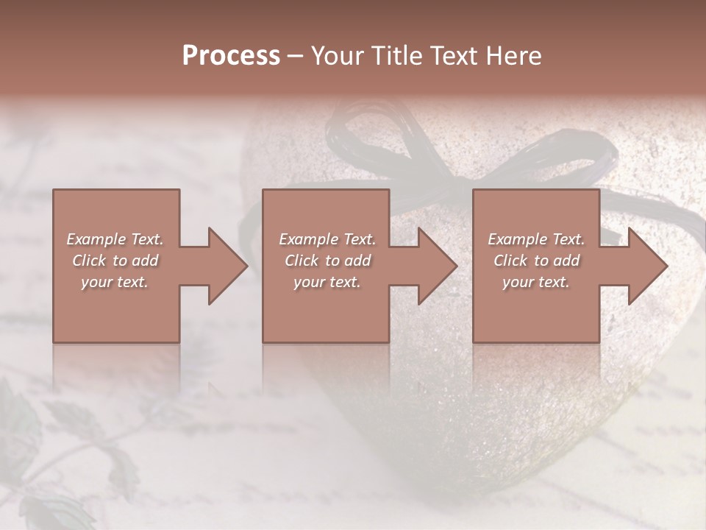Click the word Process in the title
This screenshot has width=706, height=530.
(231, 56)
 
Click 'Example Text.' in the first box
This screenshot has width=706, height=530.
(115, 239)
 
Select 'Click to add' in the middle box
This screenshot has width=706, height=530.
(327, 261)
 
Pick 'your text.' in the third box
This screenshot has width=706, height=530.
(536, 282)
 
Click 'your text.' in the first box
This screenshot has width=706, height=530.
(115, 282)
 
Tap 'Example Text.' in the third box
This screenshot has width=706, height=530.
(536, 239)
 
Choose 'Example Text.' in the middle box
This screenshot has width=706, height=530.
(327, 239)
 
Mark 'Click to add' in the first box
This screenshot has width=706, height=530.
(115, 261)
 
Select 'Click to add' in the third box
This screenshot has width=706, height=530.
(536, 261)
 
